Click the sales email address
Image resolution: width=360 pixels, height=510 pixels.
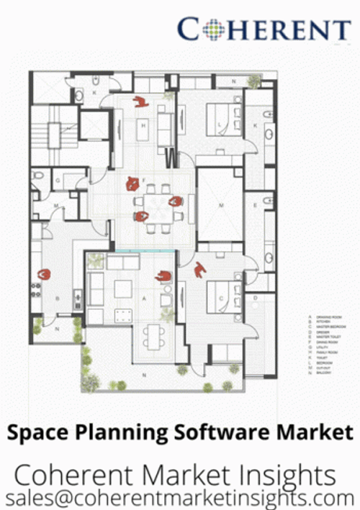pos(180,497)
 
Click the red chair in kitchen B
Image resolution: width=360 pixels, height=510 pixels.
pos(45,274)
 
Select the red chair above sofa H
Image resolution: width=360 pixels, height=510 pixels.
pos(140,101)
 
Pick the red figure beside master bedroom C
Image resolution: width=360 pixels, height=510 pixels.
pos(200,270)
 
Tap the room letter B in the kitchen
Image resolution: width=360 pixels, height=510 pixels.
pos(58,297)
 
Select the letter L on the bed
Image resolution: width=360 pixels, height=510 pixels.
pos(219,123)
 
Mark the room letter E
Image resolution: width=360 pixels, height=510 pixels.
pos(255,206)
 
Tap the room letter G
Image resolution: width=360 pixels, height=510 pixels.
pos(58,180)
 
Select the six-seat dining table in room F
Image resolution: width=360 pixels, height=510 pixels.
pos(154,201)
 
